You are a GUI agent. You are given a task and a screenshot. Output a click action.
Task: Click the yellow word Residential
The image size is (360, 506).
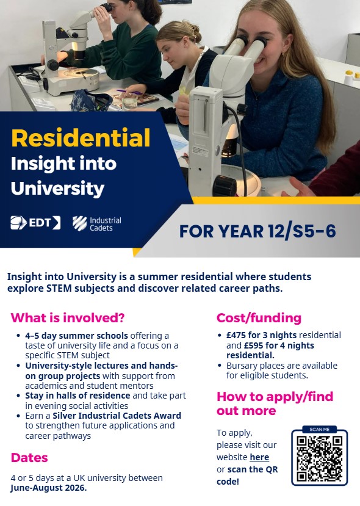point(81,138)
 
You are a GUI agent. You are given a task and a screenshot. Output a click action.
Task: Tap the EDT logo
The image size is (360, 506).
point(35,223)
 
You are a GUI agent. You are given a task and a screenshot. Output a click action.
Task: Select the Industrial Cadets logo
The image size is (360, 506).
point(97,223)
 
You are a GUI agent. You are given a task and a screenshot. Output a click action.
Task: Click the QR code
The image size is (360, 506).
point(319,458)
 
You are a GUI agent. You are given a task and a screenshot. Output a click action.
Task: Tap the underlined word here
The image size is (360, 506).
point(259,457)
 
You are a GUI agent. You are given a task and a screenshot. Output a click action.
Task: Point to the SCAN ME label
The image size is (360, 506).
point(319,430)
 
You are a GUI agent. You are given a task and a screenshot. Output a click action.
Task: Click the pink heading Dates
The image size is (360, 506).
point(29,458)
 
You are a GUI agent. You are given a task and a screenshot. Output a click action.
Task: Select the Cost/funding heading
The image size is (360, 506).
point(259,318)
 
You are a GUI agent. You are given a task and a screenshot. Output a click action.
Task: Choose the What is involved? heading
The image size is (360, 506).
point(67,318)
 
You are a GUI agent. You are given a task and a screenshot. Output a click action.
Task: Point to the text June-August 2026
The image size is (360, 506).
point(49,488)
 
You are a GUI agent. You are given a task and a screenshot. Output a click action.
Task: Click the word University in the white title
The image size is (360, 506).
point(58,189)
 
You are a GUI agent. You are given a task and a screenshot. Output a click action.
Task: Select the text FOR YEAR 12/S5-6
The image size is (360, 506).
point(257,231)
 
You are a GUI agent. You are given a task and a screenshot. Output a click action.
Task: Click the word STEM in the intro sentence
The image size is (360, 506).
point(59,288)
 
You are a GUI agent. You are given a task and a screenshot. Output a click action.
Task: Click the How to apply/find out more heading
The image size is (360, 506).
point(275,403)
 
